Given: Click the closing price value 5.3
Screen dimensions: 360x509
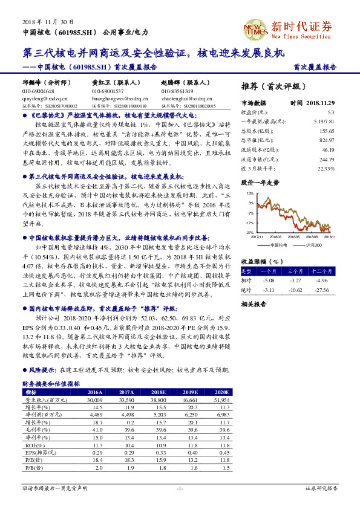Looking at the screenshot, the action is pyautogui.click(x=331, y=112).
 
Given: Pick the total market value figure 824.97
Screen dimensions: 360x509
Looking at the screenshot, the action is pyautogui.click(x=327, y=140).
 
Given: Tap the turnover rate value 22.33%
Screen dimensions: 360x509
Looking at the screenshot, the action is pyautogui.click(x=326, y=167).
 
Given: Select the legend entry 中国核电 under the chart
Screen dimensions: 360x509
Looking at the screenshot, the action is pyautogui.click(x=278, y=245).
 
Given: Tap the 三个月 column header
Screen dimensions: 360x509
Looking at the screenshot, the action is pyautogui.click(x=296, y=271).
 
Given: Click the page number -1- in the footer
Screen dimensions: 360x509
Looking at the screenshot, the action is pyautogui.click(x=180, y=488).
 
